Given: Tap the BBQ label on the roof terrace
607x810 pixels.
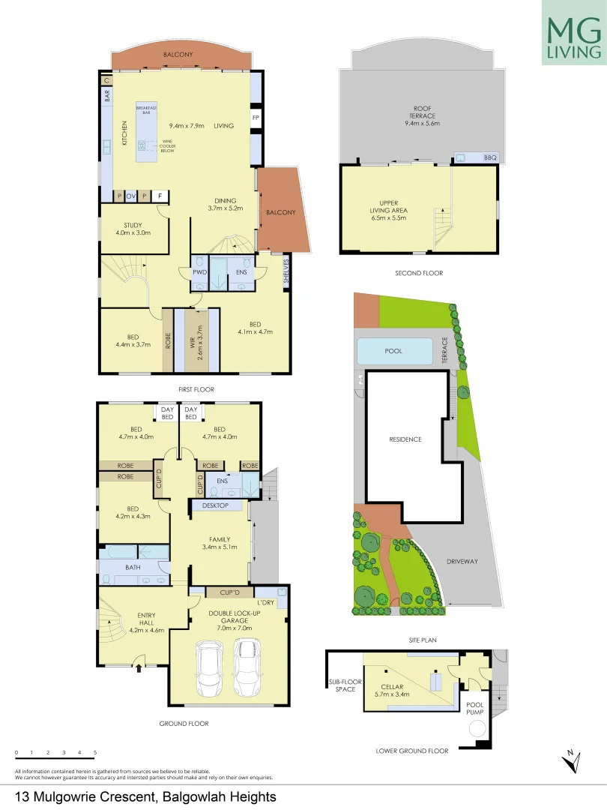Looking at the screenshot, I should [x=491, y=157].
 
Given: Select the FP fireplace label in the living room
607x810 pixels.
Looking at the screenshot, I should [x=256, y=118].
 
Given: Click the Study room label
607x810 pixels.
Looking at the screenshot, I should [x=133, y=225].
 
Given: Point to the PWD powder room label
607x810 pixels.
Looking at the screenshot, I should [x=199, y=272].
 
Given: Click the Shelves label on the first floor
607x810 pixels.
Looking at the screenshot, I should [x=286, y=272].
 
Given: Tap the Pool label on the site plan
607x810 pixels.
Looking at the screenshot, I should [x=393, y=351].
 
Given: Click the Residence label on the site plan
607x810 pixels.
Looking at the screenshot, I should [x=405, y=439].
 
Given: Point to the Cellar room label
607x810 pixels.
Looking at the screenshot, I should [x=392, y=687].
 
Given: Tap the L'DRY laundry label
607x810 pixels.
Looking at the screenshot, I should [x=266, y=603].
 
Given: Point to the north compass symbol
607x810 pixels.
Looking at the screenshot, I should [x=571, y=760].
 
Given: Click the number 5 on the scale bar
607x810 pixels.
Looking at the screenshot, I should [x=95, y=752].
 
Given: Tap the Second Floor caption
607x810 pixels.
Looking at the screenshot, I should [x=419, y=273].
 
